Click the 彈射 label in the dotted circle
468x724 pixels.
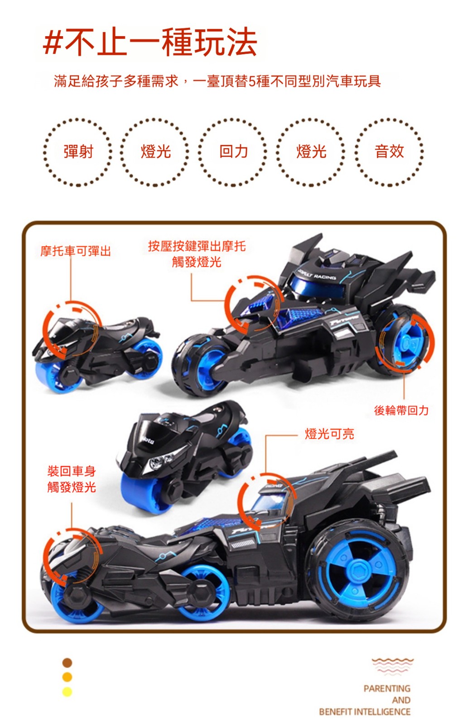click(78, 152)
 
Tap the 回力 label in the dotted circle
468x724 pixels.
click(234, 152)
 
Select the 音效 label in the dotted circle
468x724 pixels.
click(389, 152)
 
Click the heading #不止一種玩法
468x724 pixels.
click(150, 42)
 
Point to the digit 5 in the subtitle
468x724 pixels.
click(252, 81)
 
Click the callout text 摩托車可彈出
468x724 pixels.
click(76, 251)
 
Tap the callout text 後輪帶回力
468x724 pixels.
click(401, 410)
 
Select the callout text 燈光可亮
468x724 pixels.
click(329, 434)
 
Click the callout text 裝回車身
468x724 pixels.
click(72, 471)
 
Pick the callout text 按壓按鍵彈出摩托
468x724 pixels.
click(197, 246)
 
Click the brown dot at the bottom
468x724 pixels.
click(67, 662)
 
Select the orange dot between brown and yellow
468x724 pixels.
click(67, 677)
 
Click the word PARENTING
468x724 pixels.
click(387, 688)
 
